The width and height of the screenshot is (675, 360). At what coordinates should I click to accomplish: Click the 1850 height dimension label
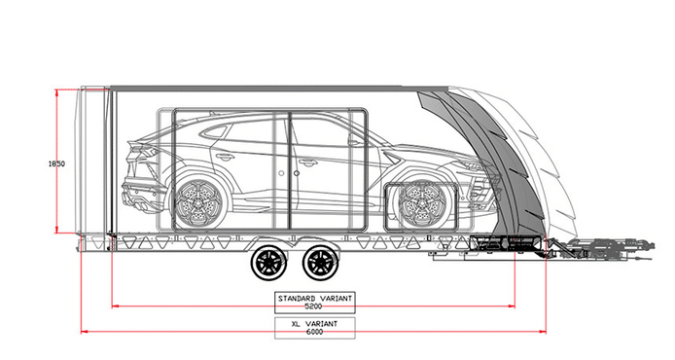(x=56, y=163)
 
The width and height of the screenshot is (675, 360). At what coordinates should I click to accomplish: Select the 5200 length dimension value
(x=313, y=306)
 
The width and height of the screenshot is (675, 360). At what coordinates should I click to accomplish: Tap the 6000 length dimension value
(x=315, y=332)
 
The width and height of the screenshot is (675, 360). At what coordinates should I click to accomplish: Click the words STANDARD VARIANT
(x=315, y=298)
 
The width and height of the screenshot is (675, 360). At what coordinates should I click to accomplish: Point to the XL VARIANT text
(x=315, y=324)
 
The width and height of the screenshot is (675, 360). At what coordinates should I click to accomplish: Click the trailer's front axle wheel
(x=320, y=263)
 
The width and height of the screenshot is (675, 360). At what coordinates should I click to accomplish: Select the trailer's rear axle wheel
(x=268, y=263)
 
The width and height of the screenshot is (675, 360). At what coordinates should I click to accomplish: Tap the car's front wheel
(x=421, y=204)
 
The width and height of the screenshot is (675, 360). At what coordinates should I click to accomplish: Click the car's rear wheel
(x=198, y=204)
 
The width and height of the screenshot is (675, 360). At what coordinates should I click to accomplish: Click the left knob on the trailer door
(x=281, y=173)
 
